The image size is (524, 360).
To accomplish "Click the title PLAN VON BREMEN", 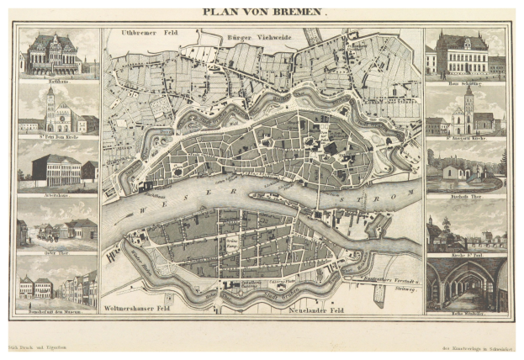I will [262, 13].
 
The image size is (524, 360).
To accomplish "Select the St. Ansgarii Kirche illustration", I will [466, 113].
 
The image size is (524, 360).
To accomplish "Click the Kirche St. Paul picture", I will [466, 225].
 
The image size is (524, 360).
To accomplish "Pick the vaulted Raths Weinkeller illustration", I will [466, 284].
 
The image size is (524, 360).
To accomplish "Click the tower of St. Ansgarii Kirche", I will [468, 103].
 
